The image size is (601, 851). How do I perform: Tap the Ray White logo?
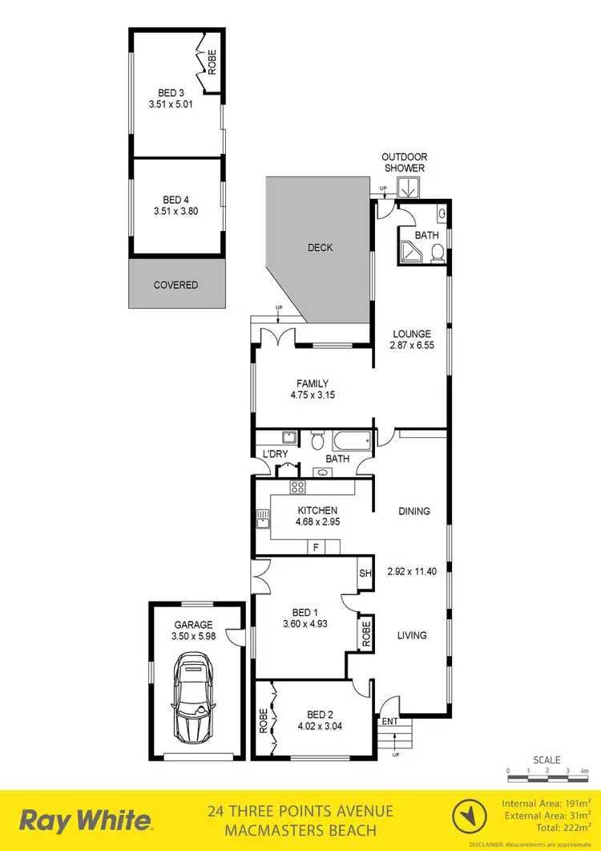[x=86, y=821]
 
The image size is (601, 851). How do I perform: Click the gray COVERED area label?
[x=175, y=285]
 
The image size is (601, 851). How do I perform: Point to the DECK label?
[x=320, y=248]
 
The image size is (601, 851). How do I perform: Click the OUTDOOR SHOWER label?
[x=403, y=163]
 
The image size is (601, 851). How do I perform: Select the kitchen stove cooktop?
[x=298, y=487]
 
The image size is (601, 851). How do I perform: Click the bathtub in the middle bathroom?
[x=352, y=440]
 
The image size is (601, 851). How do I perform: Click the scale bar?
[x=547, y=771]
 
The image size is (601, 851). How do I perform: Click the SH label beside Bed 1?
[x=365, y=573]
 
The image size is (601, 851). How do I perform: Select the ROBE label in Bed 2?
[x=262, y=719]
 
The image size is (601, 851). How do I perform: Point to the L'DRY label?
[x=275, y=455]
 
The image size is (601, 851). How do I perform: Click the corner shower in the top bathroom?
[x=410, y=251]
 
